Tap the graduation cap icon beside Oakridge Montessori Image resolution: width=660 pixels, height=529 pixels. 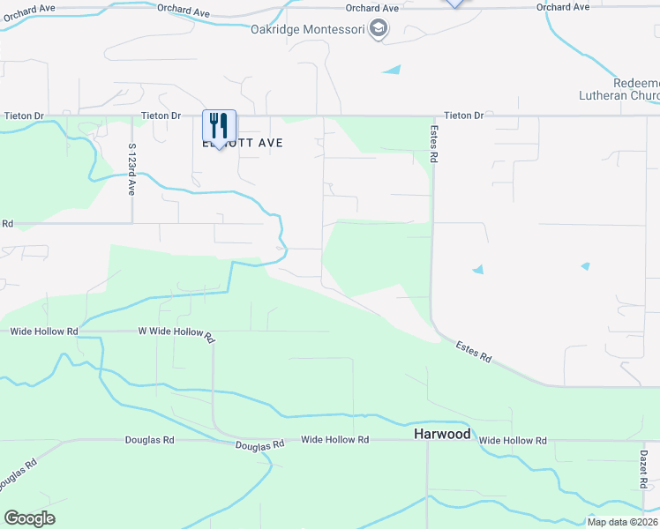[x=379, y=29]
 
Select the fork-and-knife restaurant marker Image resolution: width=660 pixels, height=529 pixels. [x=219, y=126]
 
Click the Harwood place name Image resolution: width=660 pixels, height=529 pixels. [x=442, y=435]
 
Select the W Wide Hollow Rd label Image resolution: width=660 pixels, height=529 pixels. [x=176, y=333]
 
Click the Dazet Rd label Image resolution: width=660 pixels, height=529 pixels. [x=644, y=467]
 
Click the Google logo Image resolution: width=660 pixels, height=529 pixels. [x=29, y=518]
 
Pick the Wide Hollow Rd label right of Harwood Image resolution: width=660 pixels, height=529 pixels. [x=513, y=440]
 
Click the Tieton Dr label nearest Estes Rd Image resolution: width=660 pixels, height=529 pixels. [x=464, y=115]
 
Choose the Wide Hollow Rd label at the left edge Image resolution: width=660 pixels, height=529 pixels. [x=43, y=332]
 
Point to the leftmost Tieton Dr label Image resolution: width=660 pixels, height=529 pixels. [x=24, y=115]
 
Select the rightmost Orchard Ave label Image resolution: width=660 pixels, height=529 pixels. [x=562, y=7]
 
